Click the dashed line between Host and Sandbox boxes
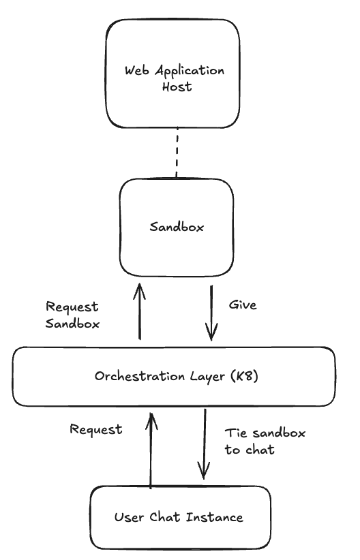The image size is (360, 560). click(x=178, y=153)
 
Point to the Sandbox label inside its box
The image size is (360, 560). click(x=177, y=227)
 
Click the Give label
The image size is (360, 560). click(x=242, y=305)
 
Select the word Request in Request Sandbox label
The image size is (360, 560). click(x=71, y=307)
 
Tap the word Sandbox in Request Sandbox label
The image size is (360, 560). click(x=72, y=324)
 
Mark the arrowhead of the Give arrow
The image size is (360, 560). click(x=212, y=334)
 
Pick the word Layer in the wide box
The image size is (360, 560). click(x=209, y=376)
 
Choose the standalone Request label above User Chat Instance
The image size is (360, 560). click(x=96, y=429)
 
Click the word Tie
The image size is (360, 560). click(x=236, y=433)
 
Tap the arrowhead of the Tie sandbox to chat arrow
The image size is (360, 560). click(x=203, y=475)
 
